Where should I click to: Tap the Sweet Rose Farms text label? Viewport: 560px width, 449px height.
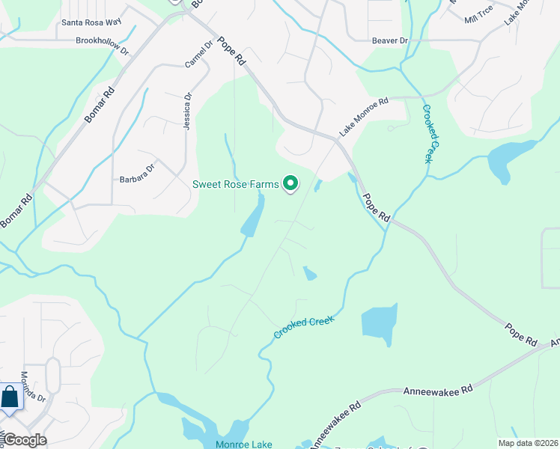click(235, 184)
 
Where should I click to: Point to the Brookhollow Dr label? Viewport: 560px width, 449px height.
click(103, 42)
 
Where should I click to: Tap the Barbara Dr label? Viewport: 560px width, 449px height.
click(136, 179)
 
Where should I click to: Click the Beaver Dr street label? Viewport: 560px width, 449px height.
click(390, 40)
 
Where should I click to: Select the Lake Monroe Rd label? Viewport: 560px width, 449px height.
click(364, 117)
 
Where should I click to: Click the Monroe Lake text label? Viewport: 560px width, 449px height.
click(244, 445)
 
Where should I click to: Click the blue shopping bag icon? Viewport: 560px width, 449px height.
click(10, 397)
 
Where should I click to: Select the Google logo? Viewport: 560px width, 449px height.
click(25, 440)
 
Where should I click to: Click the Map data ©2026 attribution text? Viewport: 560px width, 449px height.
click(528, 443)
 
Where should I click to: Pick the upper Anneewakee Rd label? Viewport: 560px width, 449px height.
click(438, 391)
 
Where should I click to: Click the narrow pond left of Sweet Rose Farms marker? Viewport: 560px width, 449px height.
click(253, 216)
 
